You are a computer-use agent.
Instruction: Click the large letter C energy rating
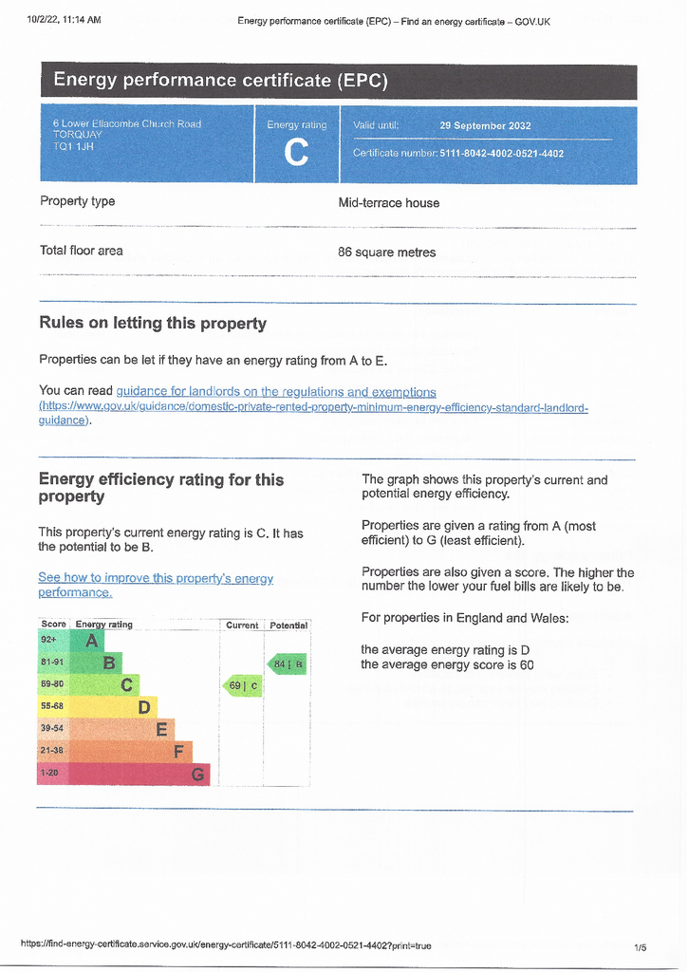(296, 152)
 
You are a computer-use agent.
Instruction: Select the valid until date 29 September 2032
(485, 125)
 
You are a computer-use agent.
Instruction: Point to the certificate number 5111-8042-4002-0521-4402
(502, 153)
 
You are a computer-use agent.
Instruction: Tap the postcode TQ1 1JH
(73, 146)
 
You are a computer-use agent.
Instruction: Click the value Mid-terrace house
(389, 202)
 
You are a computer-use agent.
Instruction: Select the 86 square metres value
(387, 252)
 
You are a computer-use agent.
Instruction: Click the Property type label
(77, 201)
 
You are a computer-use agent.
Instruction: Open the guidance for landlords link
(276, 391)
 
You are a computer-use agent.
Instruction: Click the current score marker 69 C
(242, 685)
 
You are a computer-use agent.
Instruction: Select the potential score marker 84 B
(288, 664)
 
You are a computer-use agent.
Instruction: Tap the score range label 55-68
(51, 706)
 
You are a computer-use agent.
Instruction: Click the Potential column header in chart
(288, 626)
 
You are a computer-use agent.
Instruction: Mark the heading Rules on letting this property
(153, 324)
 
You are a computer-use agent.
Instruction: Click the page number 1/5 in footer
(640, 947)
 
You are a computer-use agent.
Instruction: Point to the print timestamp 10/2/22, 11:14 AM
(65, 19)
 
